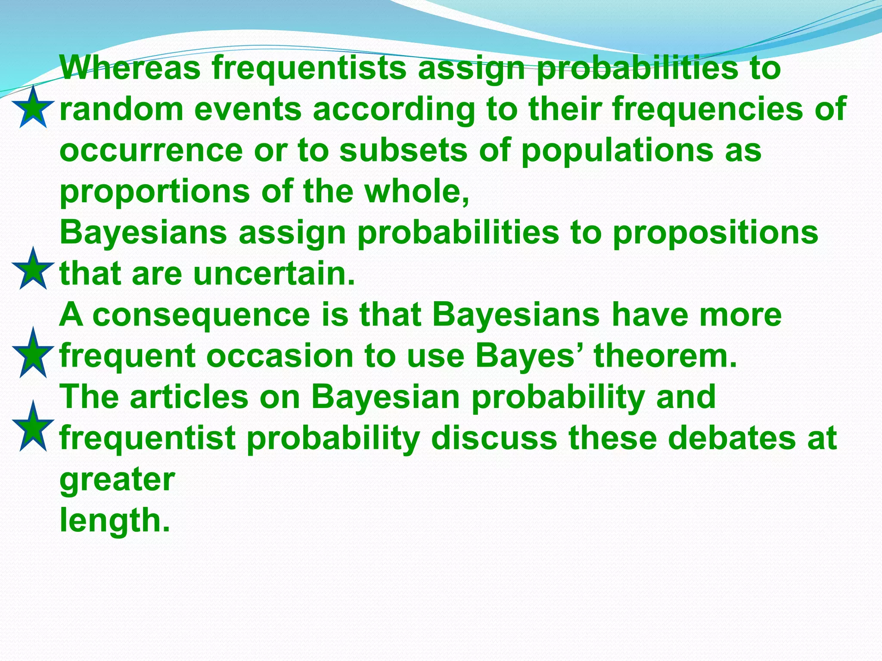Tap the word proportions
click(x=155, y=192)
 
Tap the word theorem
click(x=665, y=356)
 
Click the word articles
click(x=189, y=397)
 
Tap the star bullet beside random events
click(x=33, y=108)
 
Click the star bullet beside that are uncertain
click(x=33, y=269)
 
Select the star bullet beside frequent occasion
click(x=33, y=353)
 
